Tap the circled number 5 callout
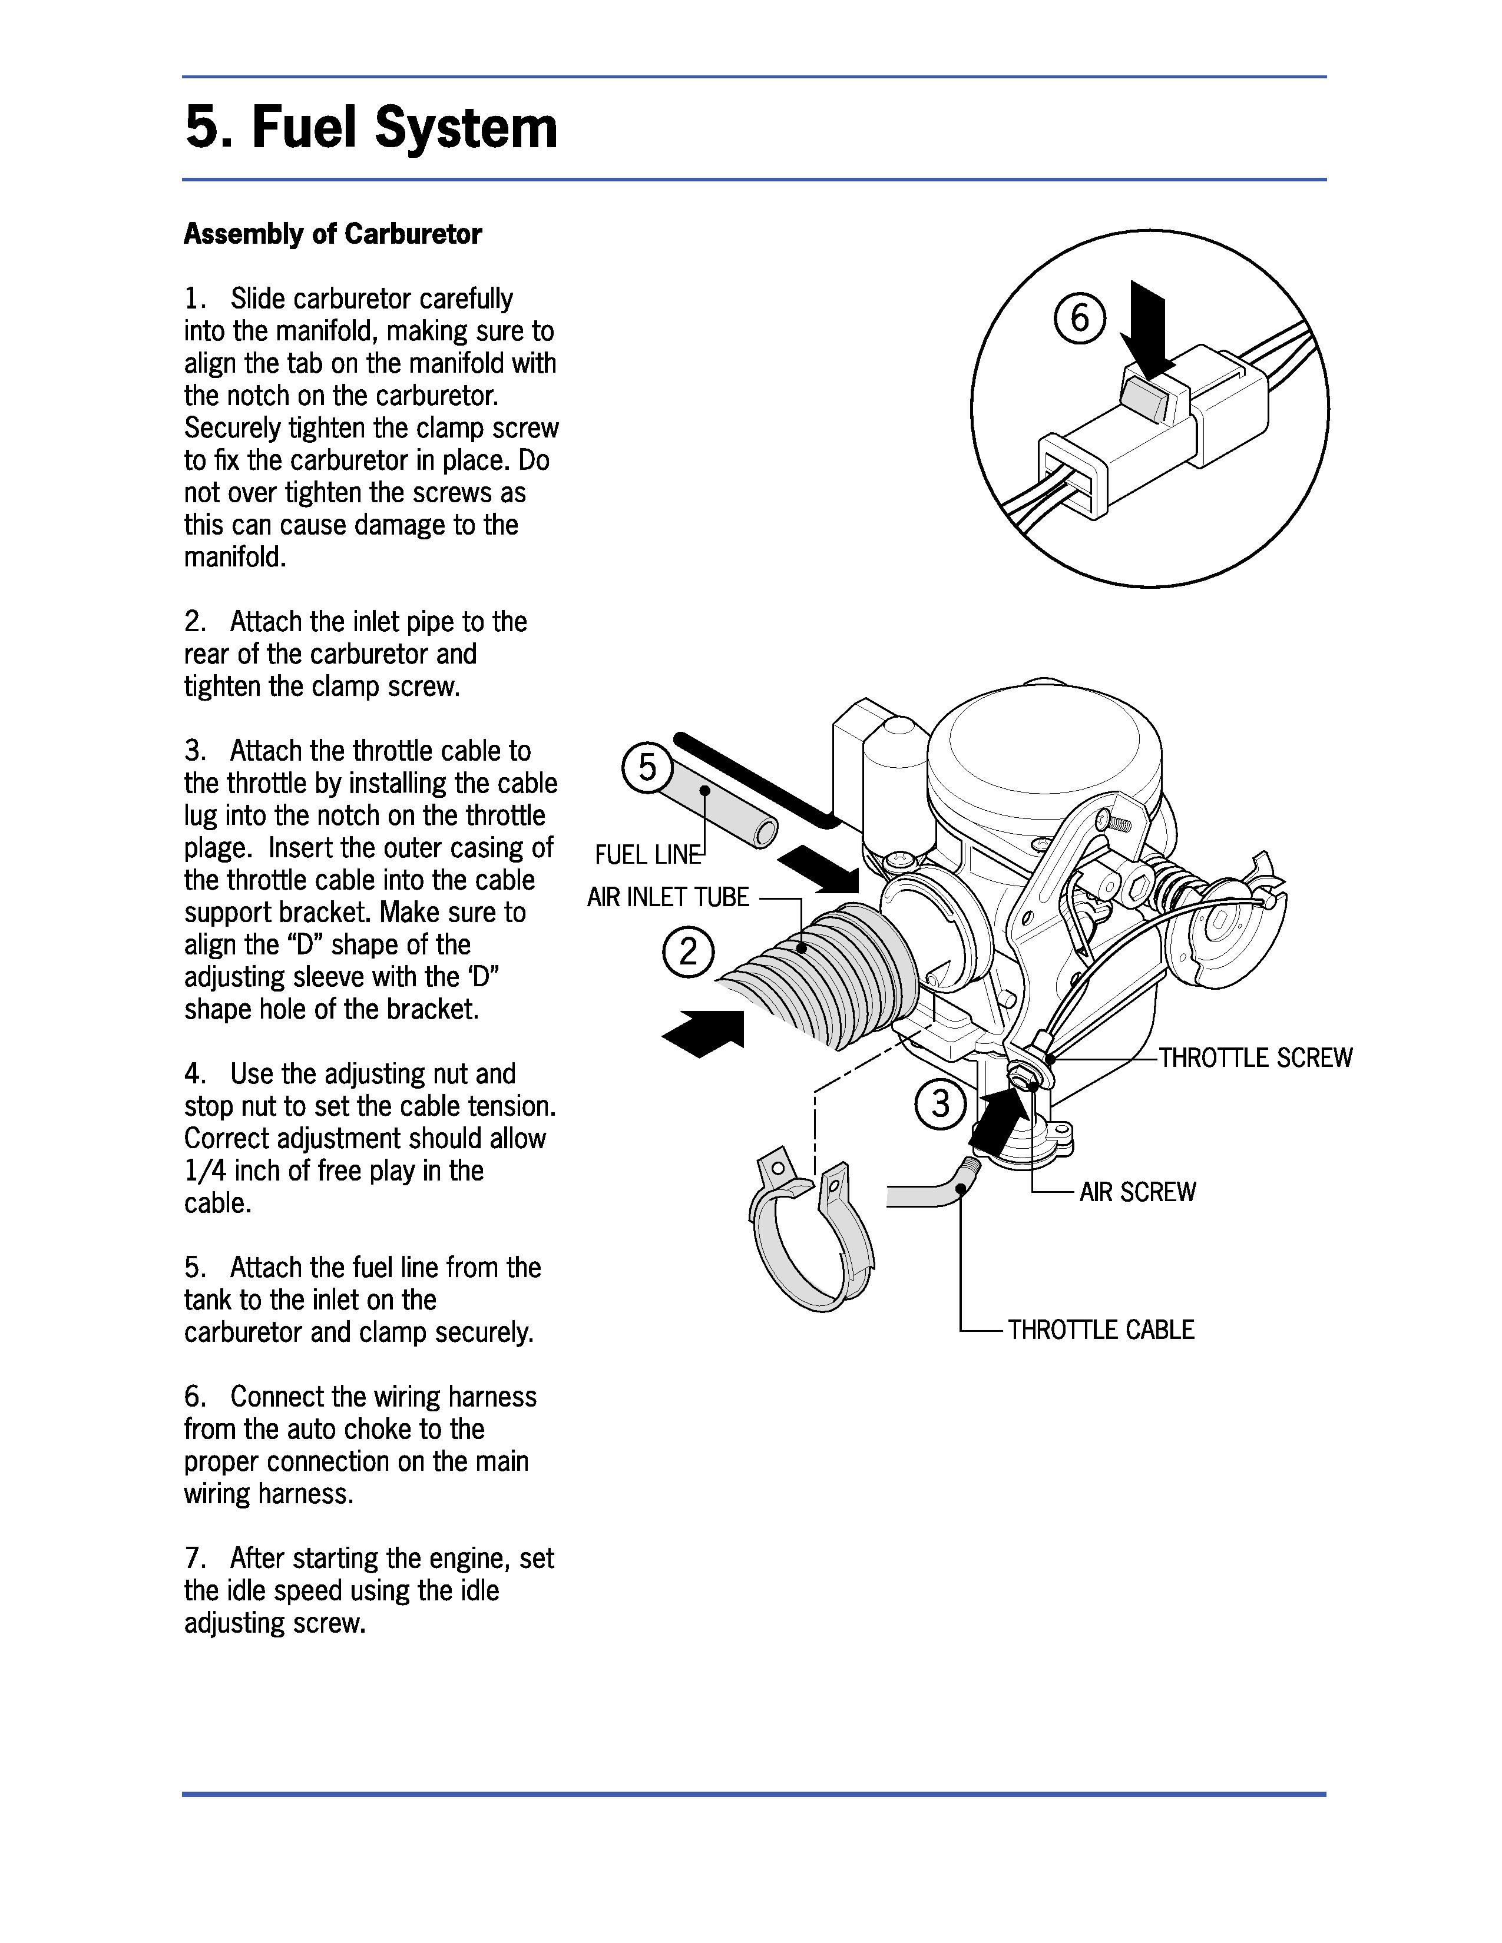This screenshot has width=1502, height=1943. pyautogui.click(x=647, y=767)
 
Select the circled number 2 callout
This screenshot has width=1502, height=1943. pyautogui.click(x=688, y=952)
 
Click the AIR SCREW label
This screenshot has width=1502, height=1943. pyautogui.click(x=1137, y=1192)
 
